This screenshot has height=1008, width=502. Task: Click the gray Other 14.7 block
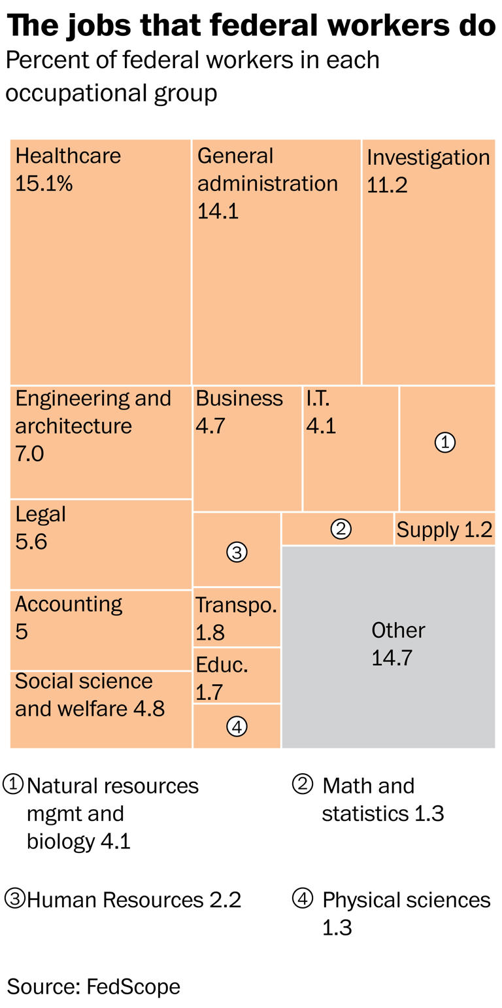(x=388, y=646)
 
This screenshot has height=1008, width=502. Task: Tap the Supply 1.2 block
(x=444, y=529)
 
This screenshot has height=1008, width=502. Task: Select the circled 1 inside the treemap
(x=444, y=443)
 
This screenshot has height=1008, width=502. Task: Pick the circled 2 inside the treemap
(x=341, y=529)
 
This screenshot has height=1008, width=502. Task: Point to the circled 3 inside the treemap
(x=237, y=552)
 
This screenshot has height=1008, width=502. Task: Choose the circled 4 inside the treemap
(x=237, y=725)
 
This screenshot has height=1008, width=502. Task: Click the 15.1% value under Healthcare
(x=44, y=184)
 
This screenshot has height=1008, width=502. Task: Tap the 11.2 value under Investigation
(x=387, y=185)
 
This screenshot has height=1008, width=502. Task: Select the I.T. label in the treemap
(x=318, y=398)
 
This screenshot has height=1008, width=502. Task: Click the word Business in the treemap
(x=239, y=398)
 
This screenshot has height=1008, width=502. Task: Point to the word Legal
(x=41, y=515)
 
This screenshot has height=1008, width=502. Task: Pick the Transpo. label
(x=237, y=605)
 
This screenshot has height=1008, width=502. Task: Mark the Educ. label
(x=222, y=665)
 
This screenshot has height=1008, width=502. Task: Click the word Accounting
(x=69, y=604)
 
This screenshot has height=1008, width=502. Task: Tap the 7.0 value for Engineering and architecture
(x=29, y=453)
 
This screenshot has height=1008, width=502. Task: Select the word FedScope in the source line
(x=133, y=986)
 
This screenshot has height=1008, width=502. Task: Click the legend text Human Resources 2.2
(x=134, y=900)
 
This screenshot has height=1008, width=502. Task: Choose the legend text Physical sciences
(x=406, y=900)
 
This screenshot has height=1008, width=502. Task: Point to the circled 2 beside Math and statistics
(x=302, y=784)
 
